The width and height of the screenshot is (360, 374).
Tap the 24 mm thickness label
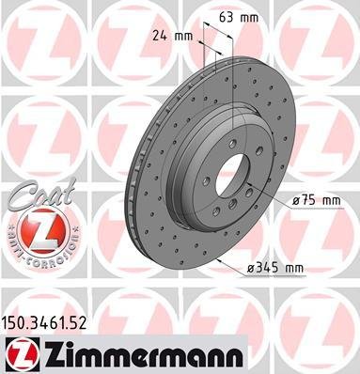coord(174,38)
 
